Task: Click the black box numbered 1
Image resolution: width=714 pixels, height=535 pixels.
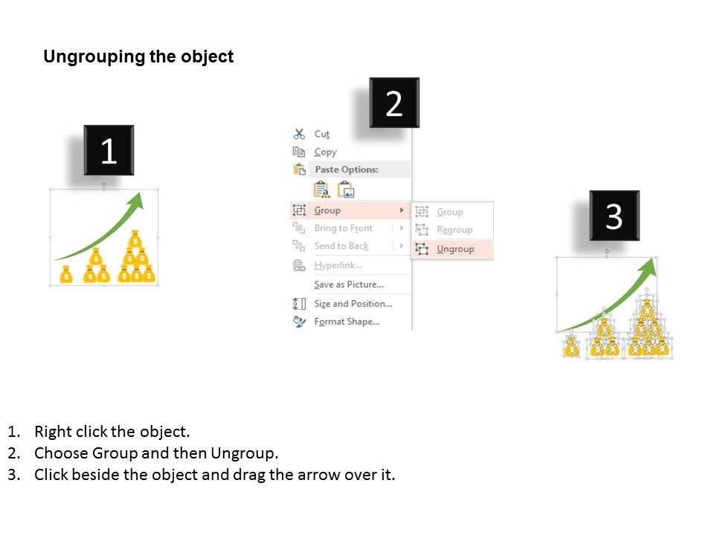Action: pos(109,150)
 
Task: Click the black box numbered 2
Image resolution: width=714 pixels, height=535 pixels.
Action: pos(394,103)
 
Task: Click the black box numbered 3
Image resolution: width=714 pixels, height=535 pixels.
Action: pos(614,215)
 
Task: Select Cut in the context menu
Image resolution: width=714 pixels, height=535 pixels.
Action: pos(322,134)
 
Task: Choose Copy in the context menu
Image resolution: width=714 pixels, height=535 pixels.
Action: pos(325,152)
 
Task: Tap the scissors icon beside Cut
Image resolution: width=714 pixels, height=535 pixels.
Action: pos(299,134)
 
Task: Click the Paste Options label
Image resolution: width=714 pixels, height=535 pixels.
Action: pos(347,169)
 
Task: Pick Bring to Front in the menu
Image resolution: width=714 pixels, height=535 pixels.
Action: pos(344,228)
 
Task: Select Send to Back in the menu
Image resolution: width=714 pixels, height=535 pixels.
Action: pos(341,246)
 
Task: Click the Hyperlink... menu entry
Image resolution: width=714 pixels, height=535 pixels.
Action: pos(338,265)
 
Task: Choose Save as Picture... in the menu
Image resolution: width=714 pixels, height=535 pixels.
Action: pos(349,285)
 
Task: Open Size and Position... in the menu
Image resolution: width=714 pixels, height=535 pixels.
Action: pos(353,303)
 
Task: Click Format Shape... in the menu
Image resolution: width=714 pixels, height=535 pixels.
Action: pos(347,322)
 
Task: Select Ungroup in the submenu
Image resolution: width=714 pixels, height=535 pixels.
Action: pos(455,249)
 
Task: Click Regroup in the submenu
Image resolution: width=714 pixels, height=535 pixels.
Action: pos(454,230)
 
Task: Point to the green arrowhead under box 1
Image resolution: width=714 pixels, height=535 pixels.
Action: pos(135,201)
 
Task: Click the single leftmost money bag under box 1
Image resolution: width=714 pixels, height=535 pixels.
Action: pos(66,274)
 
